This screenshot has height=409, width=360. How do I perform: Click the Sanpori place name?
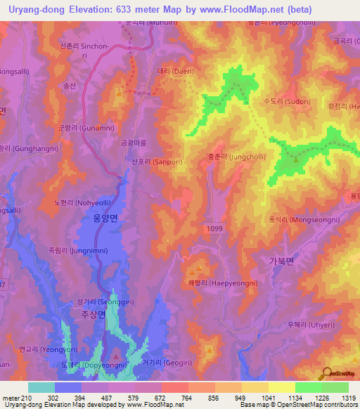point(148,161)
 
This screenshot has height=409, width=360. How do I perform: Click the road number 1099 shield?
point(217,229)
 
